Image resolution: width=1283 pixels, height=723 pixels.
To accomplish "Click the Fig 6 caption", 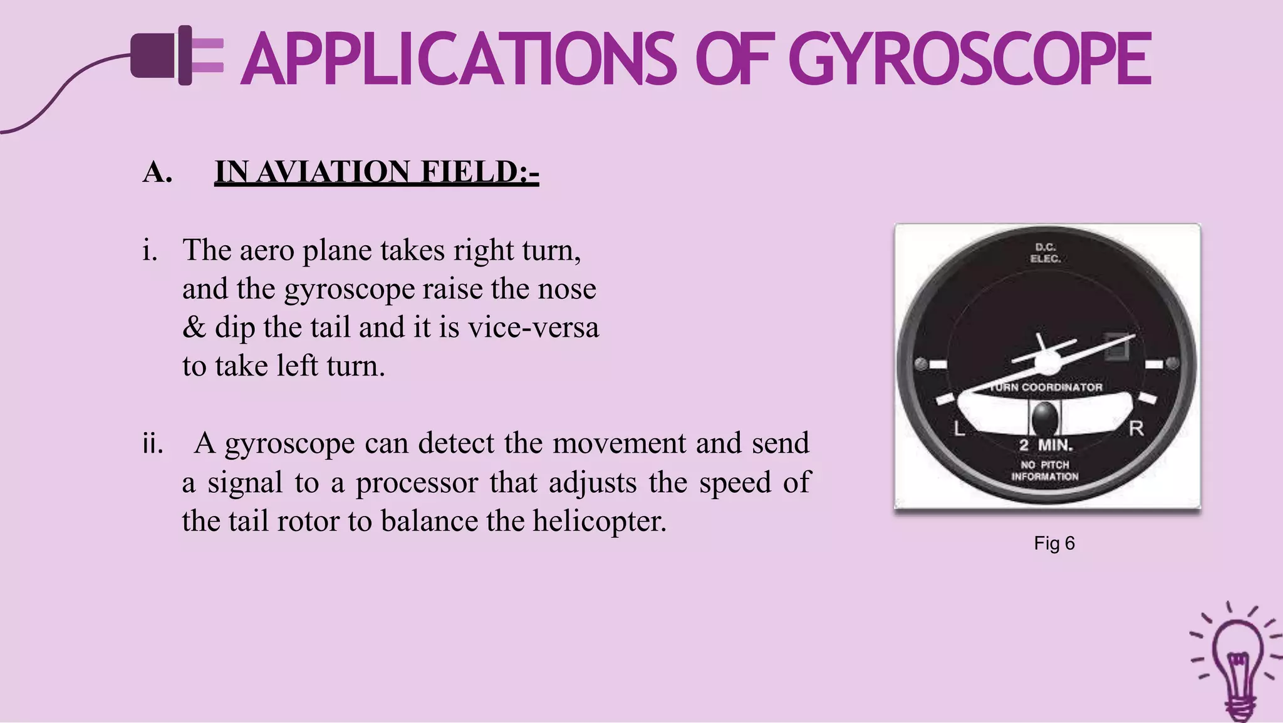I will tap(1054, 543).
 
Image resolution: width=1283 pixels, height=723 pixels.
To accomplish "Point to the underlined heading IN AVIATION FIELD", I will tap(377, 172).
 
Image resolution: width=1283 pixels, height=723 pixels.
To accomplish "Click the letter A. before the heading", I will tap(157, 172).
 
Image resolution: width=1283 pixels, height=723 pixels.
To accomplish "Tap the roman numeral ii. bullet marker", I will tap(152, 443).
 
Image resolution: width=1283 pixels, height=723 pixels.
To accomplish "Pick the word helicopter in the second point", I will tap(600, 520).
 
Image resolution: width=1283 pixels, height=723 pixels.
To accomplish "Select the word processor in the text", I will tap(417, 482).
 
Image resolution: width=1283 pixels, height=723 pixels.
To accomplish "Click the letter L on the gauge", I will tap(959, 429).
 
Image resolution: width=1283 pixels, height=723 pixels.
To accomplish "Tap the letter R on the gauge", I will tap(1136, 429).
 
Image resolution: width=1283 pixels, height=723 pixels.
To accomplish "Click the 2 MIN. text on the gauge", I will tap(1046, 446).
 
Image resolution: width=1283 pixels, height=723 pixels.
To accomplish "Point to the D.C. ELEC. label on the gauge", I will tap(1045, 253).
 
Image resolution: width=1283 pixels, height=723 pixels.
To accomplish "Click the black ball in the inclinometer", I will tap(1044, 417).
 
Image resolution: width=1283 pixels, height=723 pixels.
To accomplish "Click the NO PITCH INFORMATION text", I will tap(1045, 470).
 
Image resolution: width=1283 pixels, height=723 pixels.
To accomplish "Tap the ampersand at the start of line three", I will tap(194, 327).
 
